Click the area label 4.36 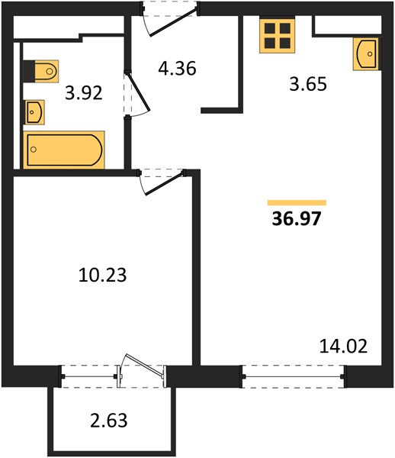coord(177,69)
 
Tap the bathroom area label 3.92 coord(84,93)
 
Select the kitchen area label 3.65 coord(308,84)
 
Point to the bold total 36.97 coord(297,219)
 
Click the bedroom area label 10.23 coord(103,275)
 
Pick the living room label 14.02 coord(343,346)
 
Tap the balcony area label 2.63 coord(109,421)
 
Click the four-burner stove coord(277,36)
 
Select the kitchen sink coord(366,53)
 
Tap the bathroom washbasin coord(34,112)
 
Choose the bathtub coord(64,150)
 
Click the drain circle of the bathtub coord(34,150)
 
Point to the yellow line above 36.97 coord(297,203)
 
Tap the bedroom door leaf coord(165,183)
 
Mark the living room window coord(293,376)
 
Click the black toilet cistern coord(29,71)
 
